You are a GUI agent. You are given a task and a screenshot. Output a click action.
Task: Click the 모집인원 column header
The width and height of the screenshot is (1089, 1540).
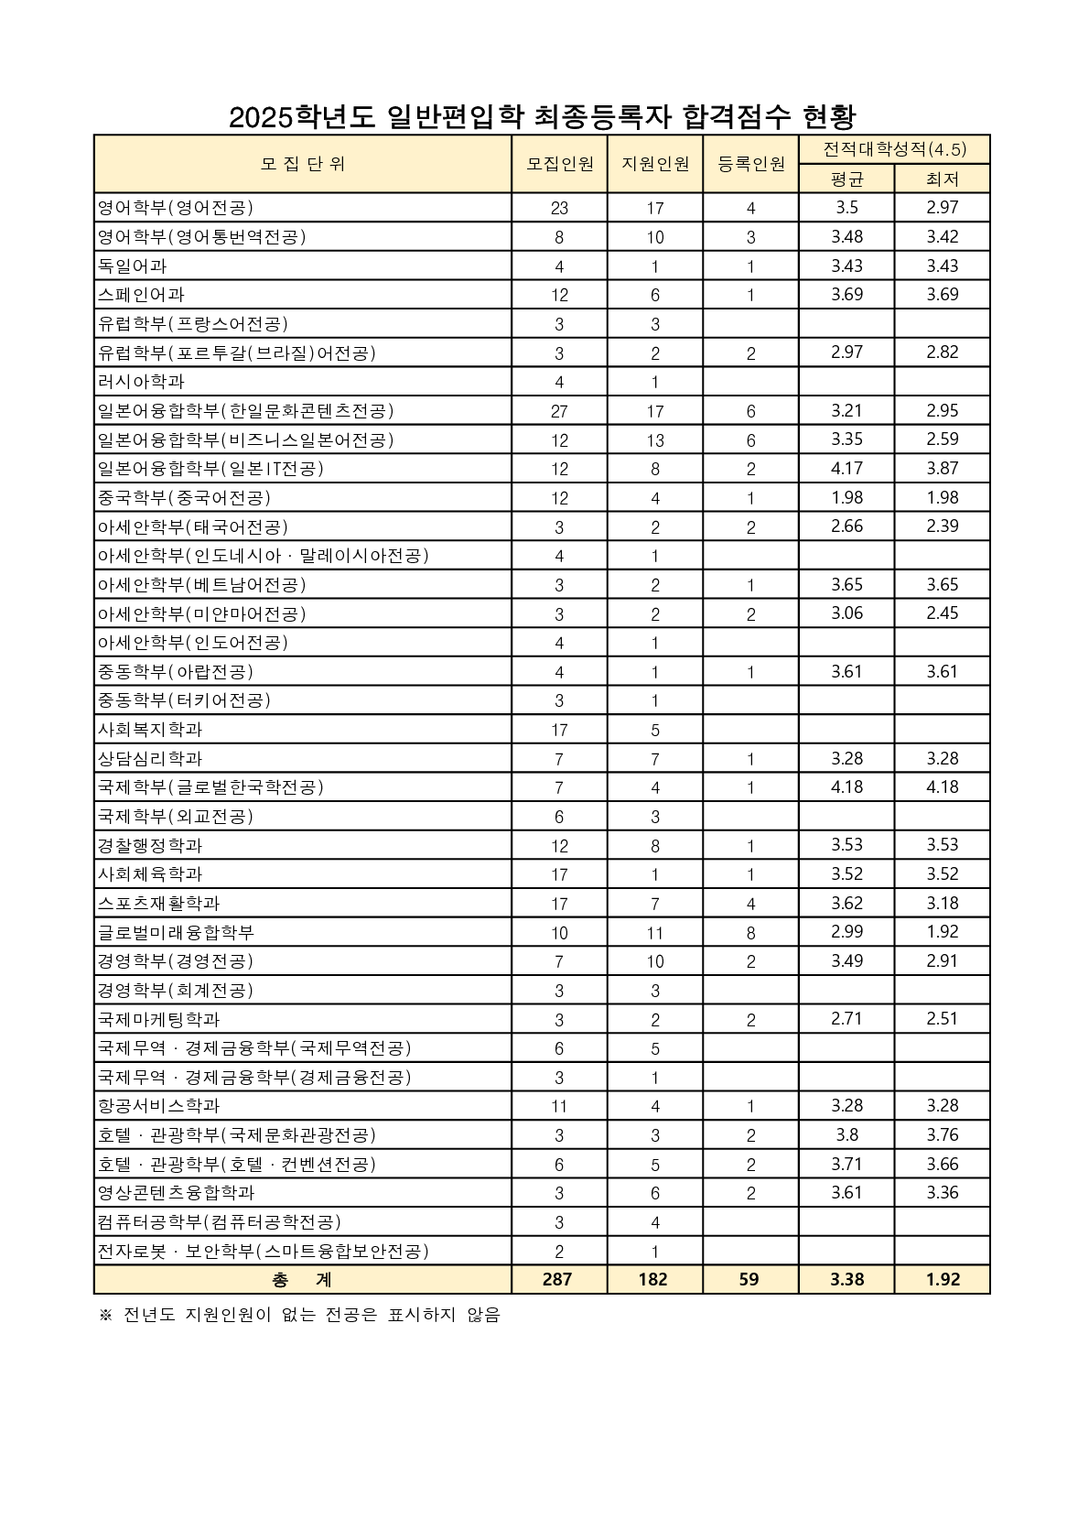[x=559, y=164]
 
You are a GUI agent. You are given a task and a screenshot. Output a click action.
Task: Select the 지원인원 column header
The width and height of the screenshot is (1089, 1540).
[x=655, y=164]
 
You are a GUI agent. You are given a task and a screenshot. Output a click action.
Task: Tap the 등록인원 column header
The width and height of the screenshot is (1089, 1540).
[x=750, y=164]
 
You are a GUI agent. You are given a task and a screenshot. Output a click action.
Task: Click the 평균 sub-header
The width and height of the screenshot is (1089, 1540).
[x=846, y=179]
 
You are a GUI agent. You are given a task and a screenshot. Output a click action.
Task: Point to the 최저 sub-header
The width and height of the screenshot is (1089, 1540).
[x=942, y=179]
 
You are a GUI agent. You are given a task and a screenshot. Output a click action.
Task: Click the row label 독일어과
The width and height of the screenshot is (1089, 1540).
[x=133, y=266]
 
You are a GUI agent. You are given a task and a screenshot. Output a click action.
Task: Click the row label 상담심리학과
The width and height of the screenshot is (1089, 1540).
[x=150, y=759]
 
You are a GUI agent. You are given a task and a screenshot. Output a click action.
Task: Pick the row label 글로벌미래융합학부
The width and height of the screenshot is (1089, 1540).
[x=176, y=933]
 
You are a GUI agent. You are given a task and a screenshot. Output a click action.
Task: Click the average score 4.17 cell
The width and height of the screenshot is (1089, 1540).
[x=846, y=469]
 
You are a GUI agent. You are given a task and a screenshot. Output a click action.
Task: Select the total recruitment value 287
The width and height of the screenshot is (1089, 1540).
[x=557, y=1280]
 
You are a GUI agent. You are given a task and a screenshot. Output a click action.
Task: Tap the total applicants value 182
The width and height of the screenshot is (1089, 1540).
[x=653, y=1280]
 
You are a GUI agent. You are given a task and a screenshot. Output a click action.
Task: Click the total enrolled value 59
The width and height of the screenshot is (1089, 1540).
[x=749, y=1280]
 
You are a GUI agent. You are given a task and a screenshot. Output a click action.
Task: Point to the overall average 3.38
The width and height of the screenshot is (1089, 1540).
[x=846, y=1280]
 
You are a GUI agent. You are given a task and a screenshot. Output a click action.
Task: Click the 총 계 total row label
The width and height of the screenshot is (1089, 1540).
[x=302, y=1280]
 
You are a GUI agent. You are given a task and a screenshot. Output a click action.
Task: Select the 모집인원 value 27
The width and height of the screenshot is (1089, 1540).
[x=559, y=411]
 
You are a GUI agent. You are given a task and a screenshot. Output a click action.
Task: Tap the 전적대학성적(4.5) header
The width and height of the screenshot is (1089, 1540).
[x=894, y=149]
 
